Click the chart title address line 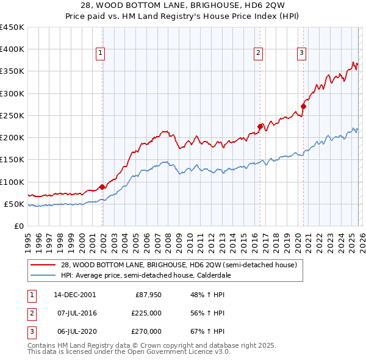click(182, 6)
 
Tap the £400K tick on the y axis click(12, 49)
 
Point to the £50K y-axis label click(14, 204)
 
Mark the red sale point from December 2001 click(102, 187)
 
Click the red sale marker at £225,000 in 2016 click(260, 127)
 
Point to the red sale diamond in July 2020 click(303, 107)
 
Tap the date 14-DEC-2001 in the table click(74, 295)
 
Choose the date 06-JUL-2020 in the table click(74, 331)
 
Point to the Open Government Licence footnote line click(129, 352)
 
